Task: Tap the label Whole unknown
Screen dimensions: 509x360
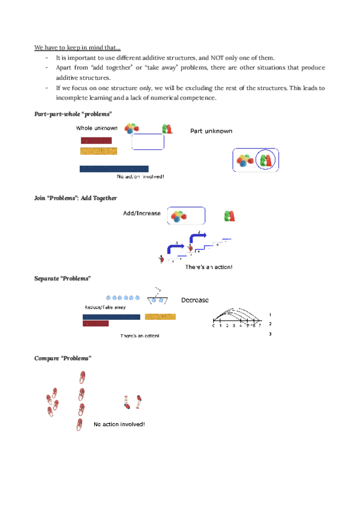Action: (97, 128)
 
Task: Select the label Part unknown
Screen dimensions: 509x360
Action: (211, 131)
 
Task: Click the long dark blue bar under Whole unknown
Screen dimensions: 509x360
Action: (114, 169)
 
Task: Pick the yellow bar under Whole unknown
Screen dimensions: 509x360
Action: (98, 151)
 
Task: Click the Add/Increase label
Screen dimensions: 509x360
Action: (141, 214)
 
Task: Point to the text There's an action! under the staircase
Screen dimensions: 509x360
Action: (208, 267)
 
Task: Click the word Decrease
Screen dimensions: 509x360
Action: (195, 300)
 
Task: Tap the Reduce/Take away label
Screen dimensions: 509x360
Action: (105, 307)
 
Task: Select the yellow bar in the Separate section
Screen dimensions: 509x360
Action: (160, 316)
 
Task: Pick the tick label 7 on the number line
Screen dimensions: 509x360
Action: (260, 326)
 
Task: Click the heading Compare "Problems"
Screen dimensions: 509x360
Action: (63, 358)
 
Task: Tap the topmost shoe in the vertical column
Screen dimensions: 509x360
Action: (82, 377)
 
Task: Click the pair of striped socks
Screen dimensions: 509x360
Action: (132, 402)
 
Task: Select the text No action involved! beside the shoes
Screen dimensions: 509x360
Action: (119, 424)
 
